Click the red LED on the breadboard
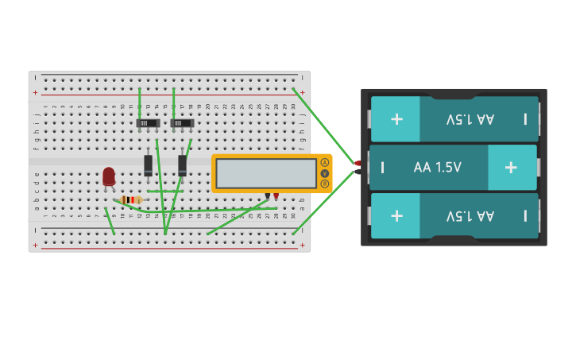click(x=109, y=176)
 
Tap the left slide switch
click(x=149, y=123)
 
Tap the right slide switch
click(x=182, y=123)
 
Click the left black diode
click(x=149, y=165)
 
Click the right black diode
click(x=183, y=165)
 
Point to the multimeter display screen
click(x=266, y=173)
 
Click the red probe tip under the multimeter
click(x=276, y=195)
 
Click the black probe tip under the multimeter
click(x=268, y=195)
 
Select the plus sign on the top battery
click(x=396, y=119)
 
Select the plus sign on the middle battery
click(x=511, y=167)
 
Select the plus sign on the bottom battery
click(x=396, y=215)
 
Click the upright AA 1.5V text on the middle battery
click(x=437, y=168)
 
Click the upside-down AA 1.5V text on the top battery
click(x=470, y=119)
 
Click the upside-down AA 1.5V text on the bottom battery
click(x=470, y=215)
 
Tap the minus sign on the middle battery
click(x=383, y=167)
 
